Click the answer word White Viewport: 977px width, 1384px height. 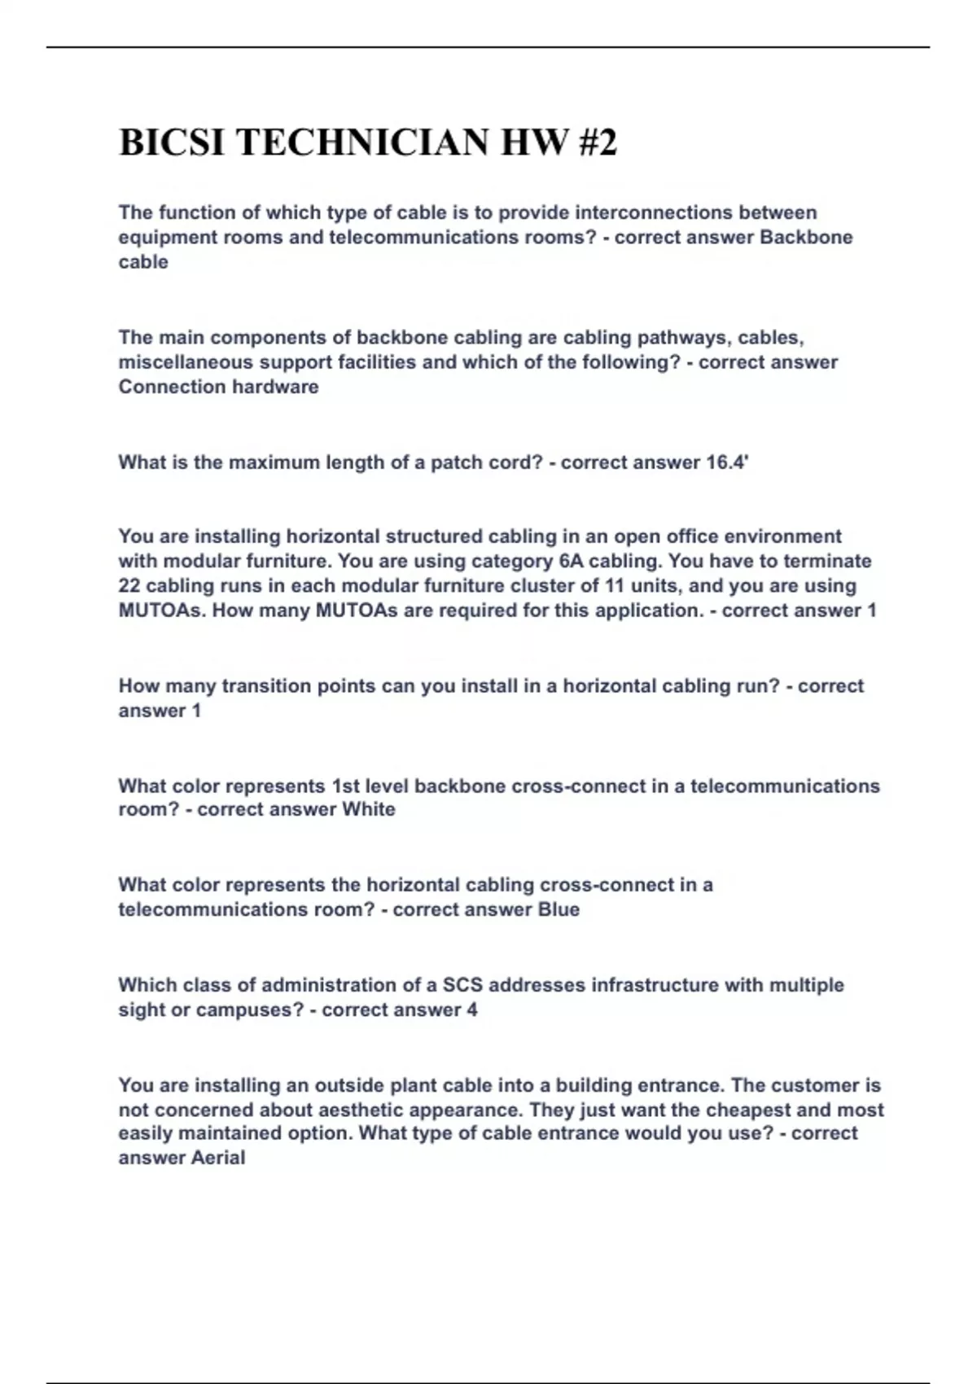click(369, 809)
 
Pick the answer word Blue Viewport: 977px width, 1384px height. click(559, 909)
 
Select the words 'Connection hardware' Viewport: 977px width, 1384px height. click(218, 387)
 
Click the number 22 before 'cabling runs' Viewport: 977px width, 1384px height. click(129, 586)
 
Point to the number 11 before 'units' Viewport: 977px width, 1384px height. click(613, 586)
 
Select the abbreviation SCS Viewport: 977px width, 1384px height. click(462, 985)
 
